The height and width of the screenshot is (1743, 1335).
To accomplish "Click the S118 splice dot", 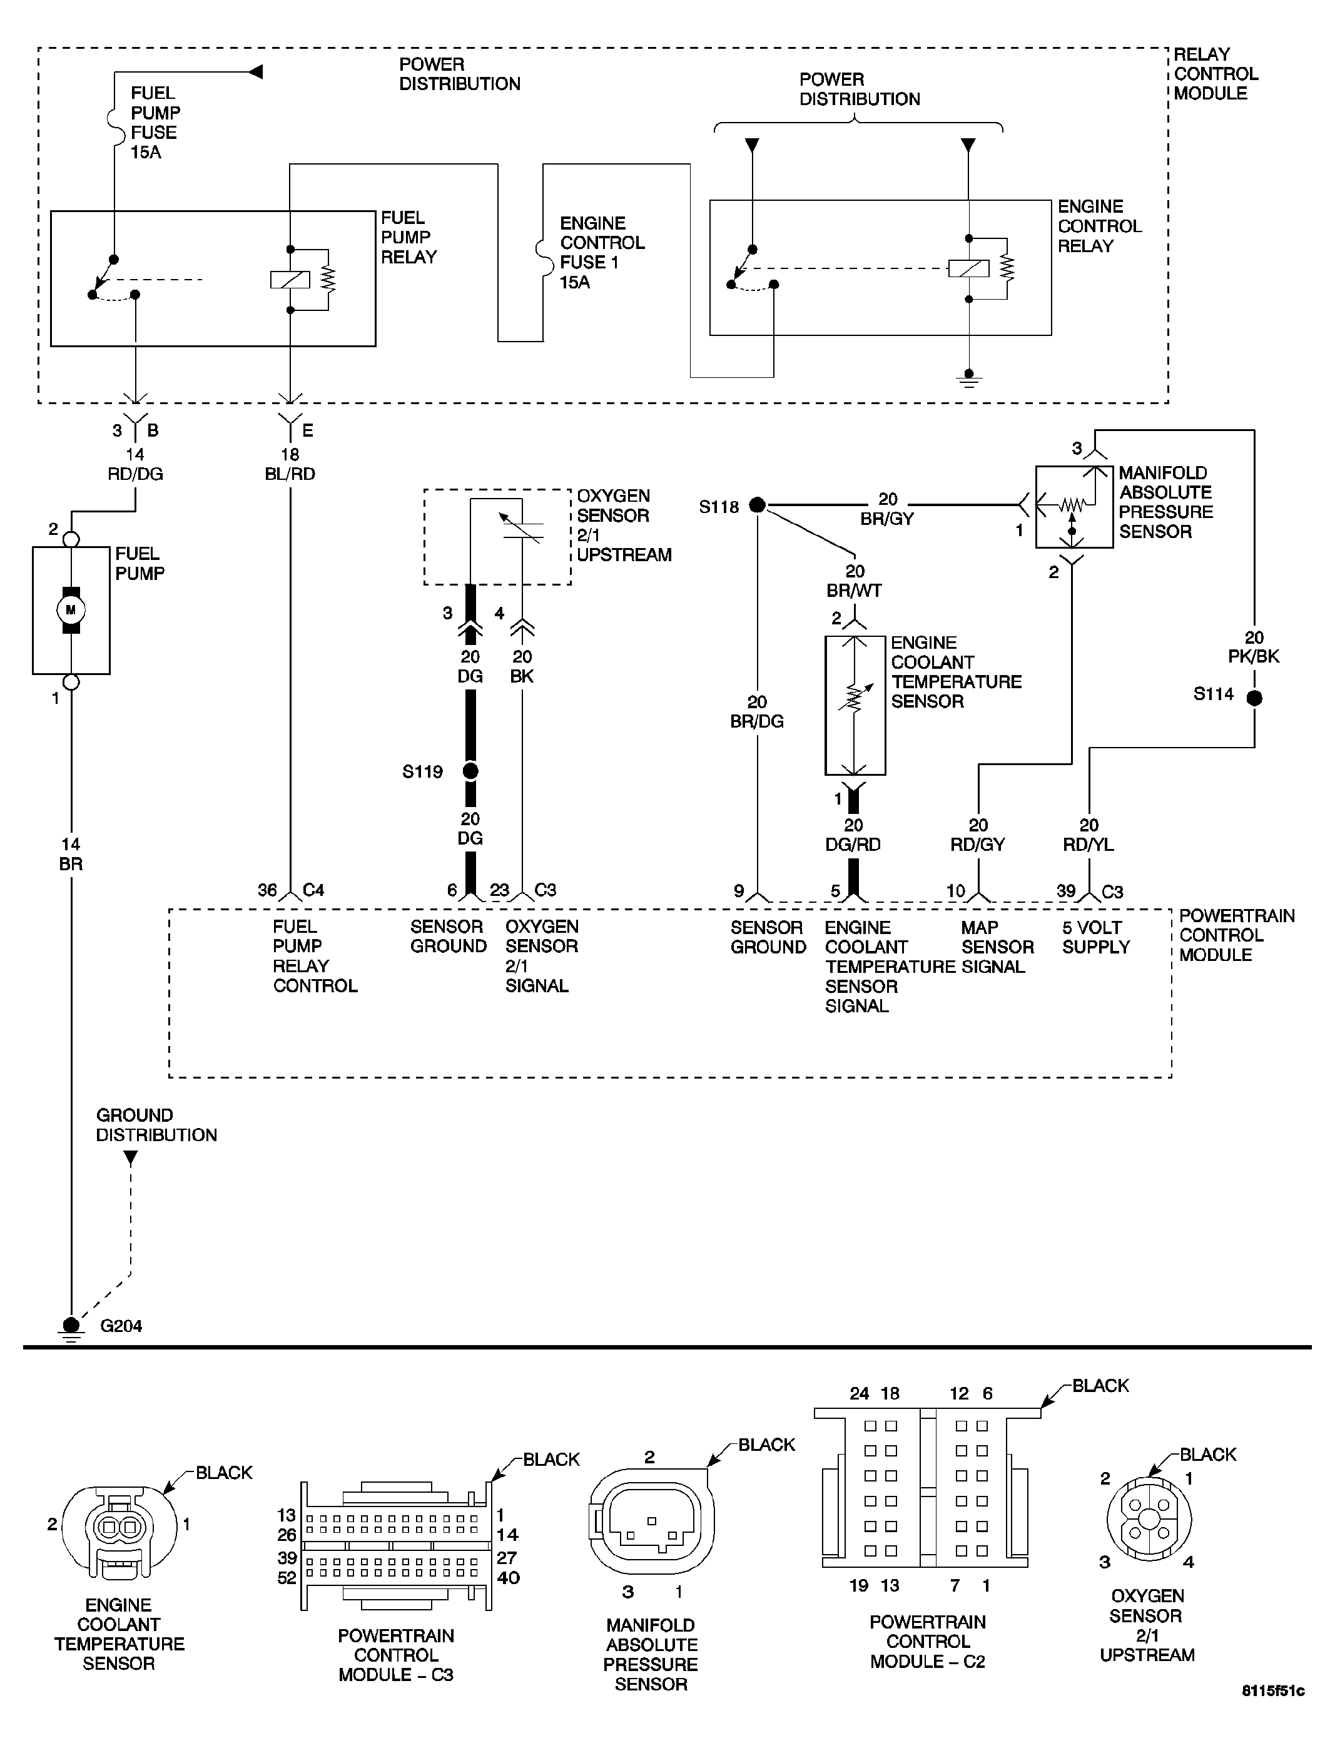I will (758, 505).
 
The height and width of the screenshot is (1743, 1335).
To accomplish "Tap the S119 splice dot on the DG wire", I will (470, 771).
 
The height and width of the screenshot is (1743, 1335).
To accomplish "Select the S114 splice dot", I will (1254, 698).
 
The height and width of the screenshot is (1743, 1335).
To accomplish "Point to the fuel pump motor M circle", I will (71, 611).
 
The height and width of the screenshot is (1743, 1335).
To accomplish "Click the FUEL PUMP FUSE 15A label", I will (155, 123).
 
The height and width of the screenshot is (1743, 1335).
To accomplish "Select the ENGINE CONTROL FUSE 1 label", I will (602, 252).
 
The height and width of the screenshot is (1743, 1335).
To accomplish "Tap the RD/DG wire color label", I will (135, 474).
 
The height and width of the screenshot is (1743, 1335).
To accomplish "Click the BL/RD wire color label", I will (290, 474).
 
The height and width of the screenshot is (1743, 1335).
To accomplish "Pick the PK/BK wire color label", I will (1254, 656).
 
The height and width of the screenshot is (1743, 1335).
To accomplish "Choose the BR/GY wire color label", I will (887, 519).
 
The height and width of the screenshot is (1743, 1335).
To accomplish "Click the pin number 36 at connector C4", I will (267, 890).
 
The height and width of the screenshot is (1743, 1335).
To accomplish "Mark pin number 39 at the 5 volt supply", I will (1065, 892).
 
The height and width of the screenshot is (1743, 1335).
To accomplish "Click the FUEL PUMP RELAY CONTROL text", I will (315, 955).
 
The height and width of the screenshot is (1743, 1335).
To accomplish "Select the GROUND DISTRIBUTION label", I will (156, 1125).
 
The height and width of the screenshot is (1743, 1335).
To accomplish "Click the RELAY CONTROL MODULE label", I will (1216, 74).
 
